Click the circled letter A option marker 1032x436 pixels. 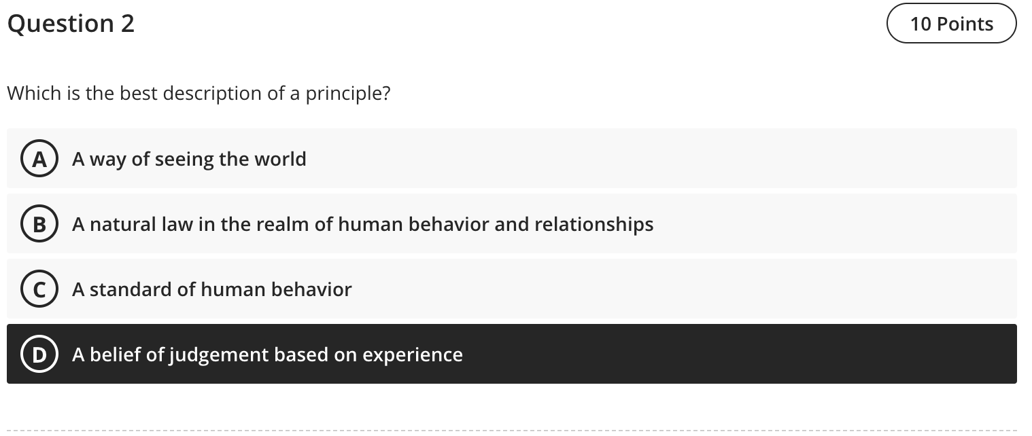tap(39, 160)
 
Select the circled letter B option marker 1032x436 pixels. tap(39, 225)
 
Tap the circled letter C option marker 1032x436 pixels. tap(39, 290)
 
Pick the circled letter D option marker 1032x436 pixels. tap(39, 355)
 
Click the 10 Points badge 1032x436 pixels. tap(951, 24)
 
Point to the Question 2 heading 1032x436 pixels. tap(71, 24)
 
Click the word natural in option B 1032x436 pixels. tap(124, 225)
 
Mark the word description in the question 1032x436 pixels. tap(209, 94)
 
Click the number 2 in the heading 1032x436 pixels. tap(127, 24)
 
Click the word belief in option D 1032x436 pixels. tap(114, 355)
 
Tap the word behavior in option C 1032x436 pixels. tap(311, 290)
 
